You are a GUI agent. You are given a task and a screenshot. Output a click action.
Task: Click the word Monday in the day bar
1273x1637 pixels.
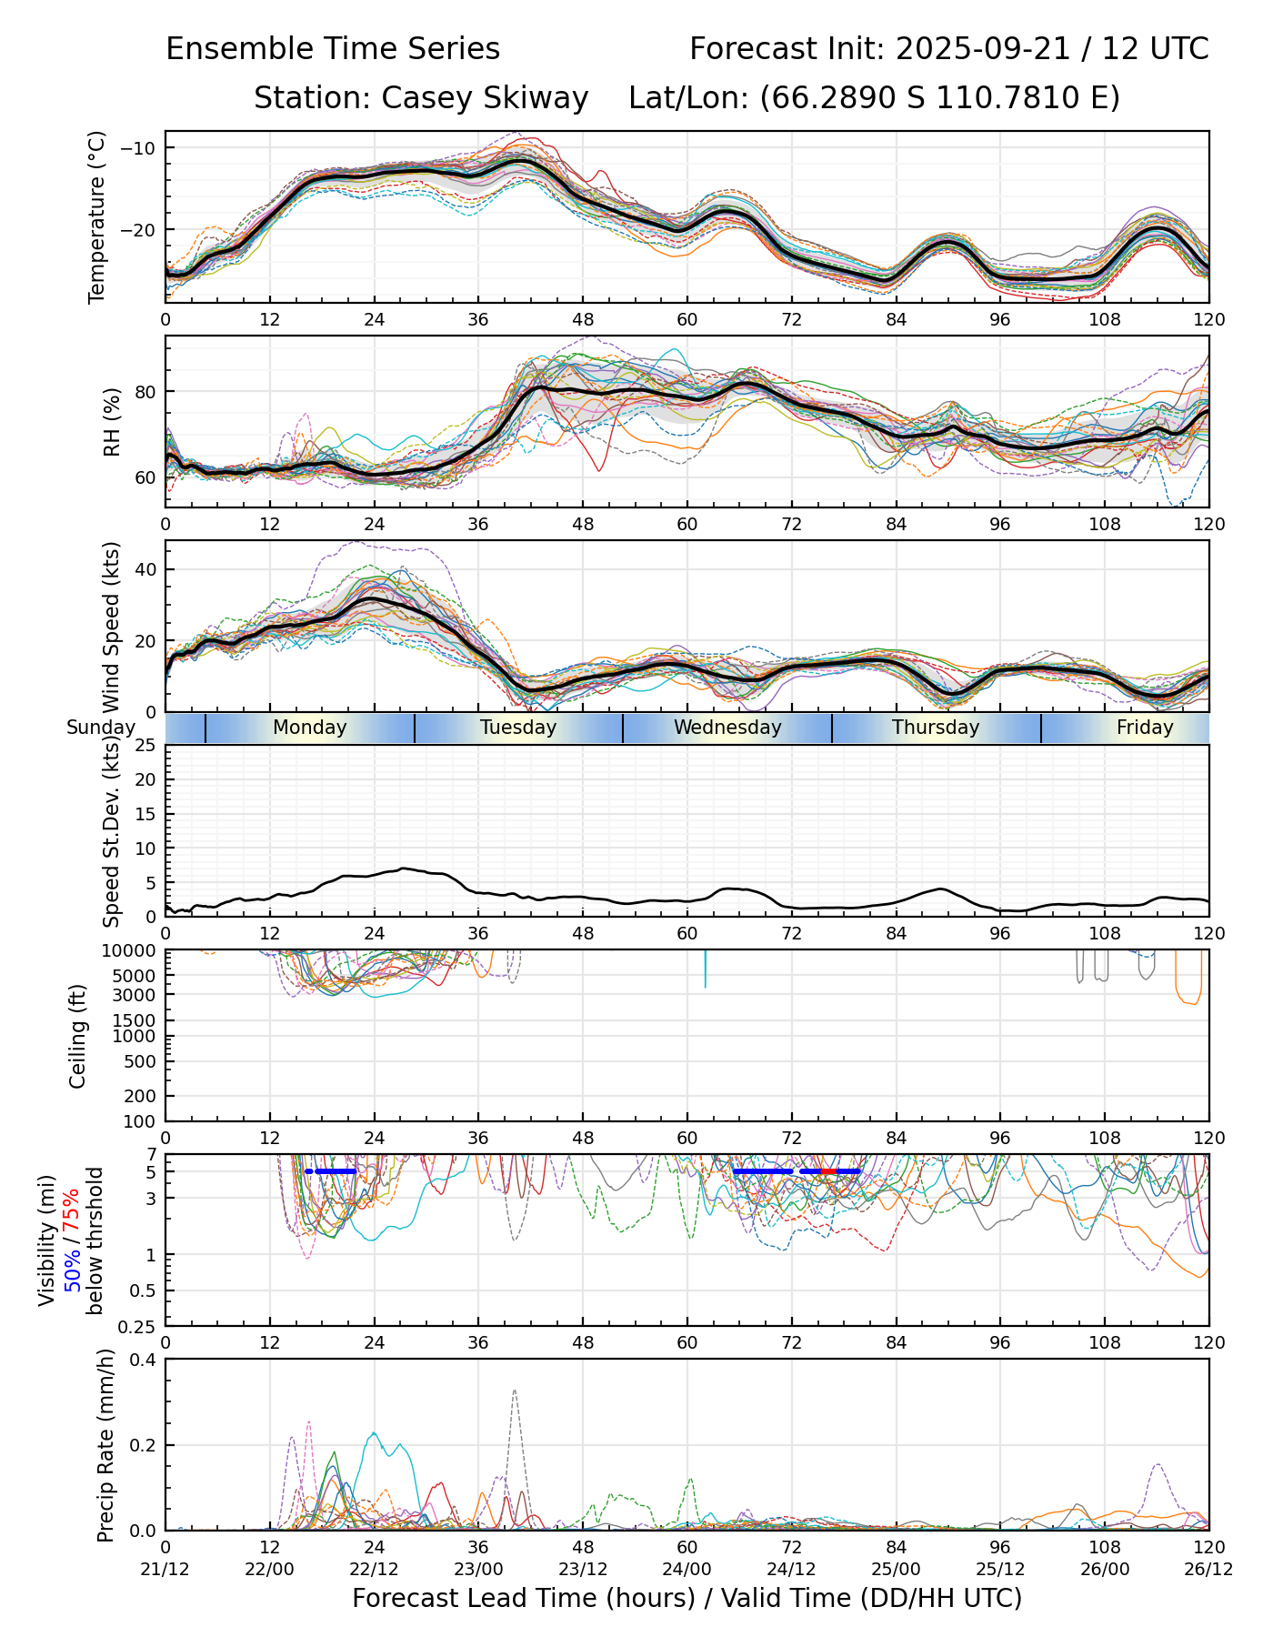tap(309, 728)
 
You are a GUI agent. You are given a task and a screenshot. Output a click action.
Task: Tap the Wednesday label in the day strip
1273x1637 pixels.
tap(727, 728)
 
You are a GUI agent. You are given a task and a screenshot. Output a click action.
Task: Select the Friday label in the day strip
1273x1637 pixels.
tap(1144, 728)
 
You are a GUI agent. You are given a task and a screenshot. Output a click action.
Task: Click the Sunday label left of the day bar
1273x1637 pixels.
tap(101, 728)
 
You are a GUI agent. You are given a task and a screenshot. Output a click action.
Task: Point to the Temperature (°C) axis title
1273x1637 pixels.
tap(97, 216)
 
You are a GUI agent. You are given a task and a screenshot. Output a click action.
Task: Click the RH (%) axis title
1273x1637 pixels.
tap(112, 421)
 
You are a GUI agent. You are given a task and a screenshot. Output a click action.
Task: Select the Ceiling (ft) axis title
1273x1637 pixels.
tap(78, 1036)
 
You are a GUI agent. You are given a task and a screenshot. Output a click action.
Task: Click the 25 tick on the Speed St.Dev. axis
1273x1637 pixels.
tap(146, 746)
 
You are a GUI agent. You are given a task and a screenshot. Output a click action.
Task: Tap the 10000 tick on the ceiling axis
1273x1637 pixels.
tap(132, 951)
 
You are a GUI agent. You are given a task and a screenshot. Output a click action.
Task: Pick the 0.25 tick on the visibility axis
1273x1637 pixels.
tap(139, 1326)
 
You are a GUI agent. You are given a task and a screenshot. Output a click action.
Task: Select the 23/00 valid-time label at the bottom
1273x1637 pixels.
tap(478, 1569)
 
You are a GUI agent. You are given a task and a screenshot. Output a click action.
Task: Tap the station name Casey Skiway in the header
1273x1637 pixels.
tap(485, 98)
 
